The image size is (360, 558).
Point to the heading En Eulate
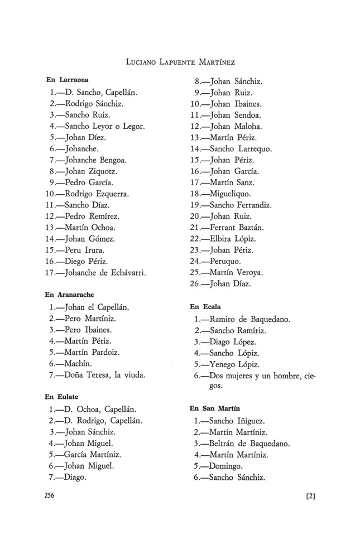[61, 397]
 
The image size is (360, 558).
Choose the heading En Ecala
[205, 306]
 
